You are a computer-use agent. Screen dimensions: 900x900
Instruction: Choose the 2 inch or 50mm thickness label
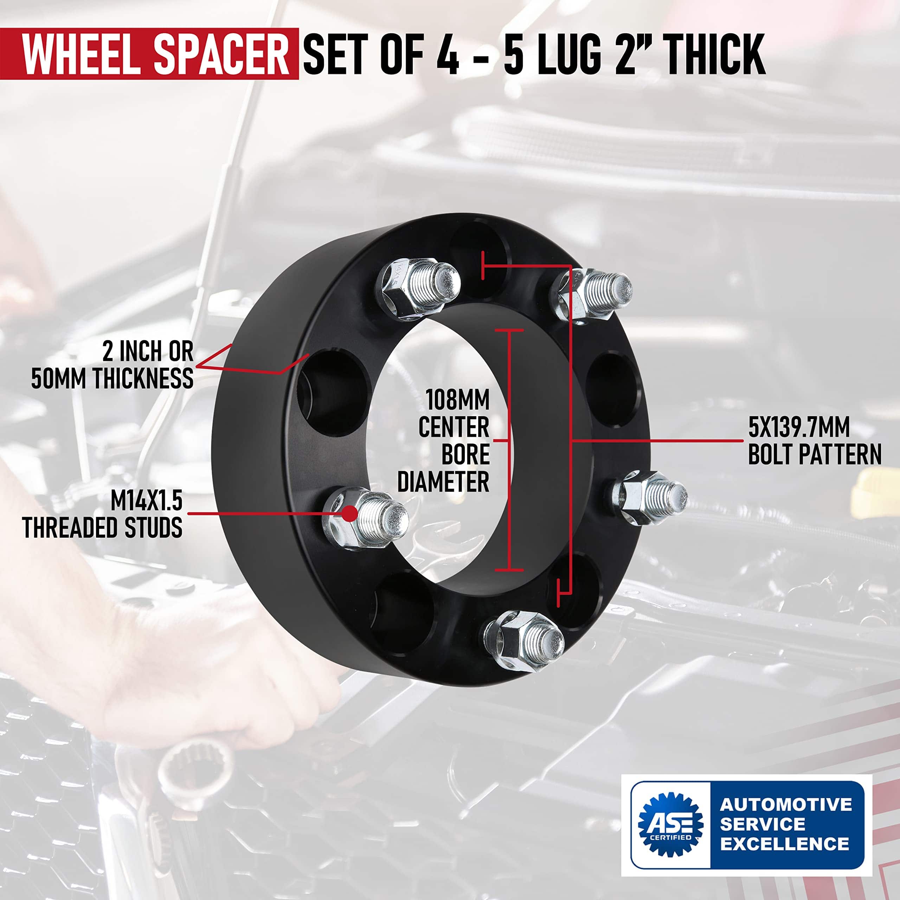click(x=112, y=365)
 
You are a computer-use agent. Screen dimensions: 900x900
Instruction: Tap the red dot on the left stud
click(x=350, y=513)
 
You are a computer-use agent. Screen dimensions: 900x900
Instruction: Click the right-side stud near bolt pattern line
click(x=649, y=497)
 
